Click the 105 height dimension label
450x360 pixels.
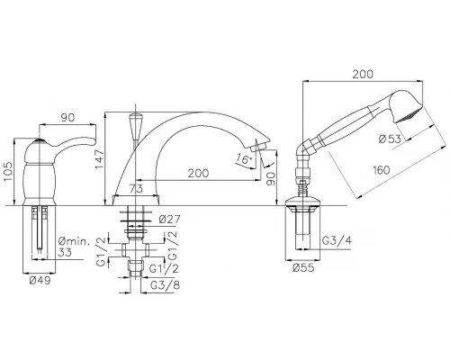(x=8, y=172)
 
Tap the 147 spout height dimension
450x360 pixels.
(x=99, y=159)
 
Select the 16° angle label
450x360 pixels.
(x=243, y=158)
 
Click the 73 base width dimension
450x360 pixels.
(x=136, y=189)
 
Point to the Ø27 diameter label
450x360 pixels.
(x=169, y=220)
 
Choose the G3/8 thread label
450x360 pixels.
(x=165, y=285)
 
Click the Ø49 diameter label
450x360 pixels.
(x=40, y=281)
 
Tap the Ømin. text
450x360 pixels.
(x=74, y=241)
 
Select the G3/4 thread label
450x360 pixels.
(x=337, y=240)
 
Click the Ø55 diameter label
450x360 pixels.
(x=303, y=267)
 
